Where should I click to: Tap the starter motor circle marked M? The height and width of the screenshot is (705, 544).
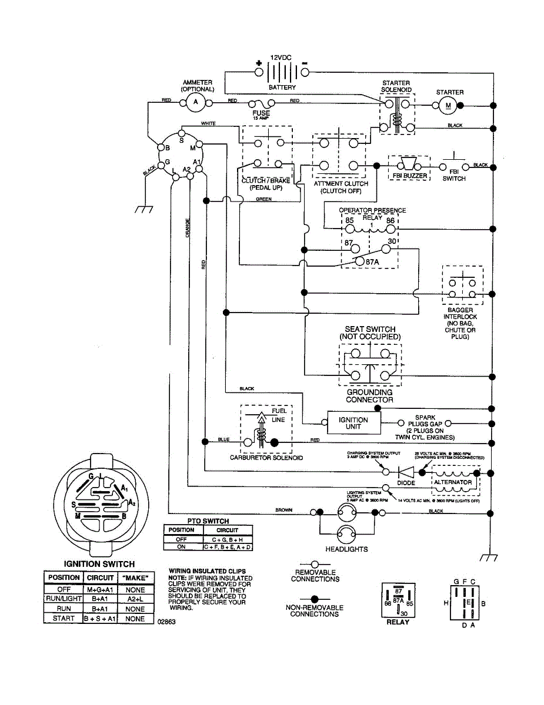pos(448,105)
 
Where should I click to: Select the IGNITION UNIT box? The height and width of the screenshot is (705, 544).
pos(353,423)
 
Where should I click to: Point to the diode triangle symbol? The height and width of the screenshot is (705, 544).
pos(405,471)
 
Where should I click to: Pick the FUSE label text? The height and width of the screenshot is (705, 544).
pos(261,113)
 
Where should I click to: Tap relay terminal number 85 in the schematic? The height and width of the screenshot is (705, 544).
pos(349,220)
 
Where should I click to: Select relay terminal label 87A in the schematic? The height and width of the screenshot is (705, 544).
pos(372,261)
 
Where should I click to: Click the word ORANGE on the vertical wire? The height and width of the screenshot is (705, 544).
pos(188,228)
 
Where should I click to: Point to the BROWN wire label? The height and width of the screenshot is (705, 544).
pos(283,510)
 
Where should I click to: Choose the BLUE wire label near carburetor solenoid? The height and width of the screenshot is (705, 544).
pos(223,439)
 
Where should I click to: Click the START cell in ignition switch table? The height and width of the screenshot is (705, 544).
pos(64,619)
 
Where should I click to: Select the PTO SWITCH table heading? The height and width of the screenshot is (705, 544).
pos(208,521)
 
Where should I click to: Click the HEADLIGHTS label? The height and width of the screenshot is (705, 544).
pos(346,549)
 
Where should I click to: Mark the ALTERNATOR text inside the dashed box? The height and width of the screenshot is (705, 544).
pos(452,482)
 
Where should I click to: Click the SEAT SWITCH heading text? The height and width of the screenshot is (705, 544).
pos(370,329)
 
